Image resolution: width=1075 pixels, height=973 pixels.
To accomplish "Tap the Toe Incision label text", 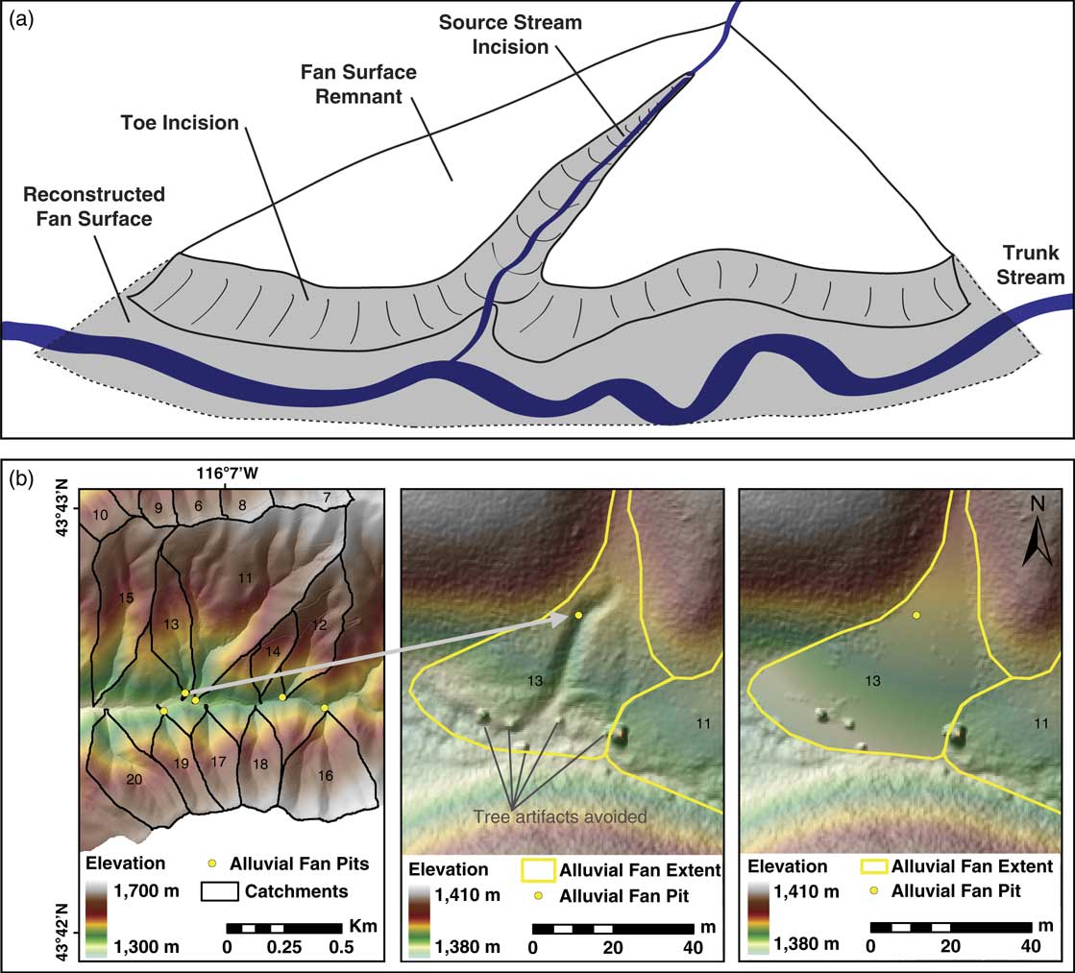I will point(180,123).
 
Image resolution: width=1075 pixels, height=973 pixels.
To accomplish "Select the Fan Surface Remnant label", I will point(349,85).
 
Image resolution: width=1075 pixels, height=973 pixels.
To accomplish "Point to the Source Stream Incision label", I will point(510,34).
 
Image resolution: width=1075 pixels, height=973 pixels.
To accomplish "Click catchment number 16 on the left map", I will point(329,775).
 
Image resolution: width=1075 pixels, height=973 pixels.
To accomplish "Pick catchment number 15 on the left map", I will point(126,598).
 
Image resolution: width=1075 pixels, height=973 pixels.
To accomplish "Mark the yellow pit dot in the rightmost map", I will point(916,615).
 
